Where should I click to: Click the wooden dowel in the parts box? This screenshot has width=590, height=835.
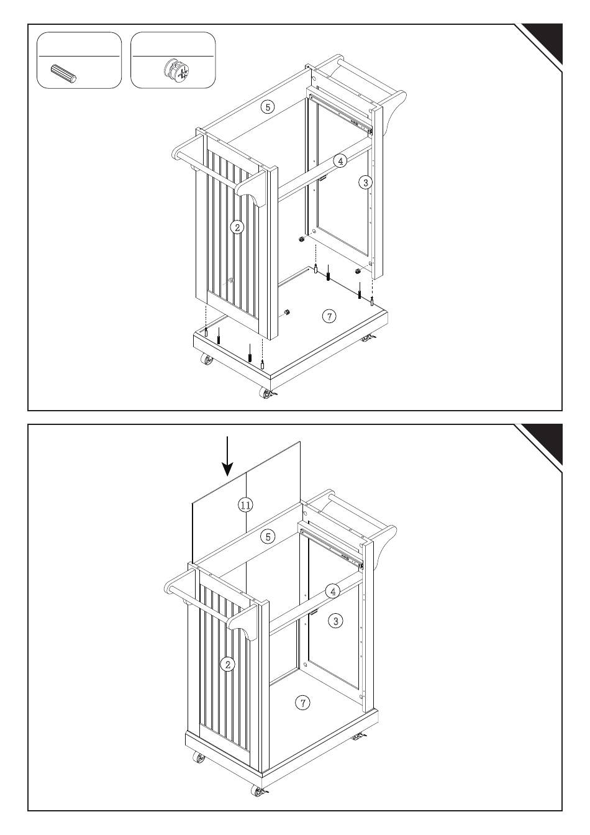point(63,74)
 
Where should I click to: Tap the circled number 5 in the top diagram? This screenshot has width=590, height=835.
point(268,107)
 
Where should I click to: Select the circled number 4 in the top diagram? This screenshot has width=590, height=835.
point(340,161)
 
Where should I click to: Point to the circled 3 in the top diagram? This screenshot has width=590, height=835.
point(365,182)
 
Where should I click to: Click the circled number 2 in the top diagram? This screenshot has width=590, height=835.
point(237,227)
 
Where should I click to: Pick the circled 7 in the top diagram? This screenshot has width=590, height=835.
point(329,316)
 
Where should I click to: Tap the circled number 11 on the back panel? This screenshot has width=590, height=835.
point(245,505)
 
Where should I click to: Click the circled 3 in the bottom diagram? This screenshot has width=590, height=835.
point(335,621)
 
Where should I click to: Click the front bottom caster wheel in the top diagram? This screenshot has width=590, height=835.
point(268,394)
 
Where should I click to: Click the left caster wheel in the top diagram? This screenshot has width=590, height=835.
point(206,360)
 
